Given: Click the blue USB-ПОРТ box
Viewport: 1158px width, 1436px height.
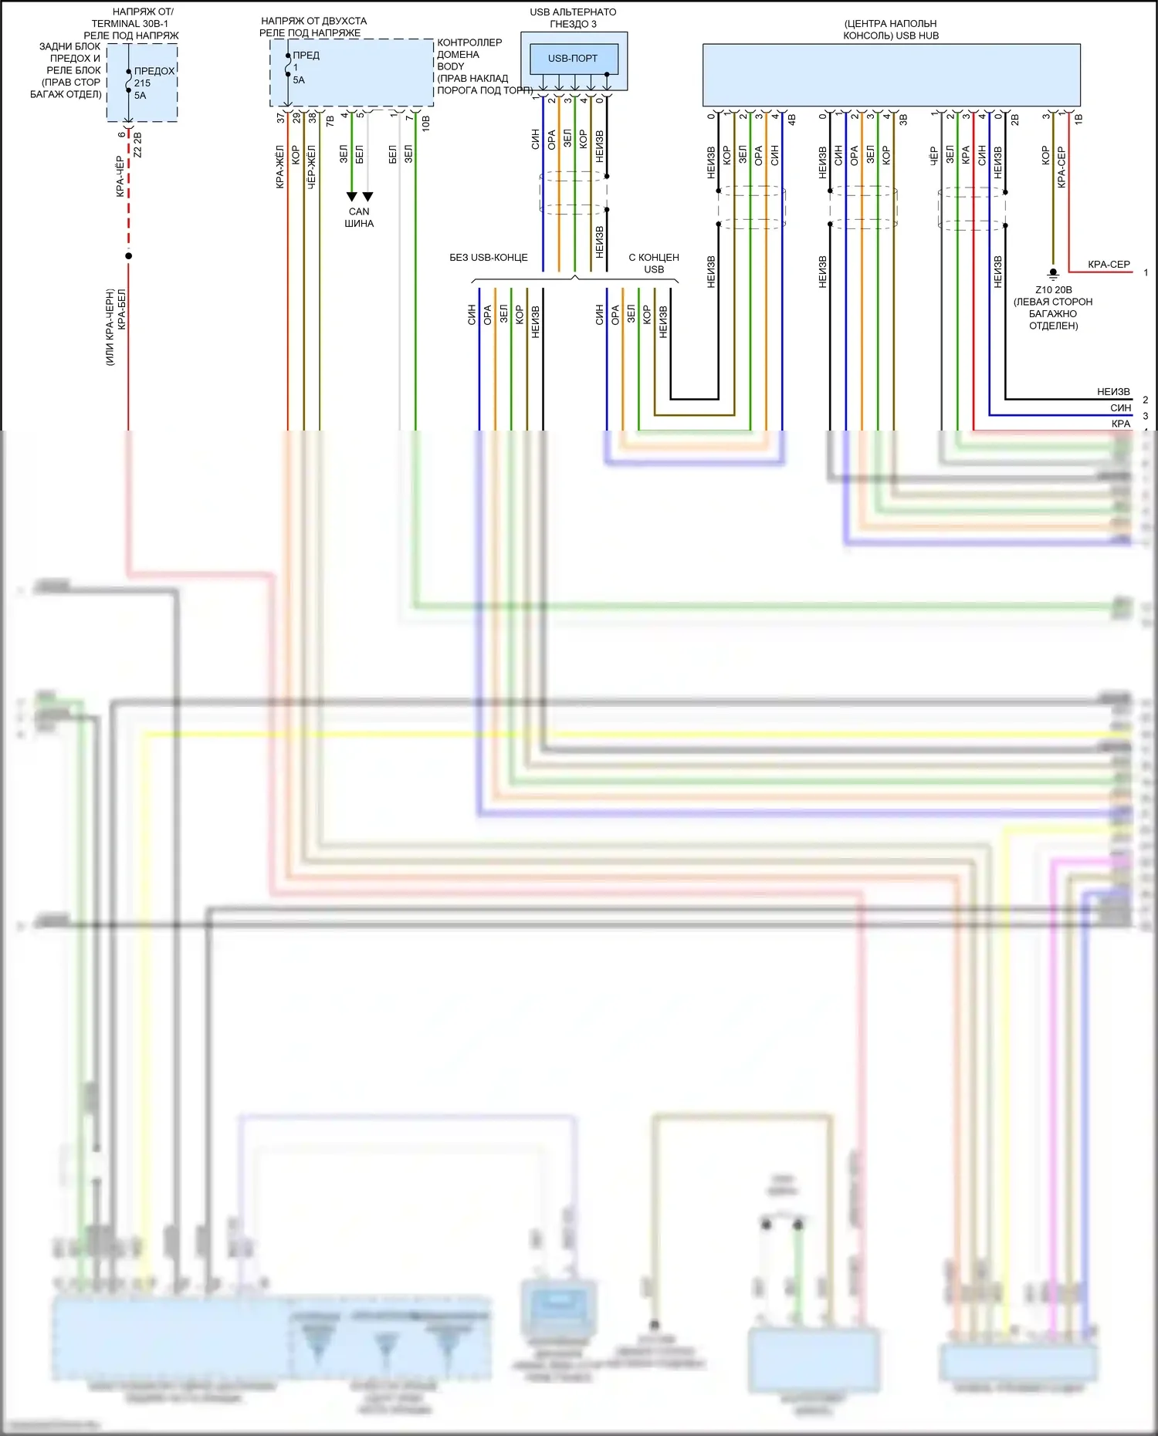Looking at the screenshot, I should coord(574,59).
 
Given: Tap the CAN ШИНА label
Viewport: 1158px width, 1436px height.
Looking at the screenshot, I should coord(359,218).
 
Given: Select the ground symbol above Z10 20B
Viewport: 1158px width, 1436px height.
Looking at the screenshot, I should coord(1053,273).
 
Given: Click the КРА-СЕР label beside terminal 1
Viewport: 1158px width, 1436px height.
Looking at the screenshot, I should coord(1109,265).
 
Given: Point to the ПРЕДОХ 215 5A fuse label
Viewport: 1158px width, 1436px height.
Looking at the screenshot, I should coord(153,83).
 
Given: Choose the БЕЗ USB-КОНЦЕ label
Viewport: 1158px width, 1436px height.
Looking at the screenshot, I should coord(489,258).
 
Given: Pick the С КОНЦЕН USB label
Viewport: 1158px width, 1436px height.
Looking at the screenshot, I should coord(654,263).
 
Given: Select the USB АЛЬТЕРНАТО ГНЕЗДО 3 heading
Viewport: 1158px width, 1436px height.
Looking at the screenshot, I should coord(573,18).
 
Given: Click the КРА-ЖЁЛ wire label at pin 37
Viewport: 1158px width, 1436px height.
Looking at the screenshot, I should coord(280,167).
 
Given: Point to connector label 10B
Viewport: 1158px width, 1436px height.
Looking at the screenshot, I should coord(425,122).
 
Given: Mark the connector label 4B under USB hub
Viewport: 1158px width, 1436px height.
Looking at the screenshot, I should coord(791,120).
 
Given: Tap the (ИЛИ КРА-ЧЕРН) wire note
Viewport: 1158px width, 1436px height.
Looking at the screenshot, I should coord(110,326).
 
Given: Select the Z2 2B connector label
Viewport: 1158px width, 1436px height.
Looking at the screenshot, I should coord(137,144).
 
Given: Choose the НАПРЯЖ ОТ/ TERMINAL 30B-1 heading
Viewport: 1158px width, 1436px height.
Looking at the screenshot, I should coord(131,24).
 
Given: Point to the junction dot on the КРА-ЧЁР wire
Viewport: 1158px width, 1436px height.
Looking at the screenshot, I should coord(128,255).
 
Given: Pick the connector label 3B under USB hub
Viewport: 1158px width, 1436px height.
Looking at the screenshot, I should coord(903,120).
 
